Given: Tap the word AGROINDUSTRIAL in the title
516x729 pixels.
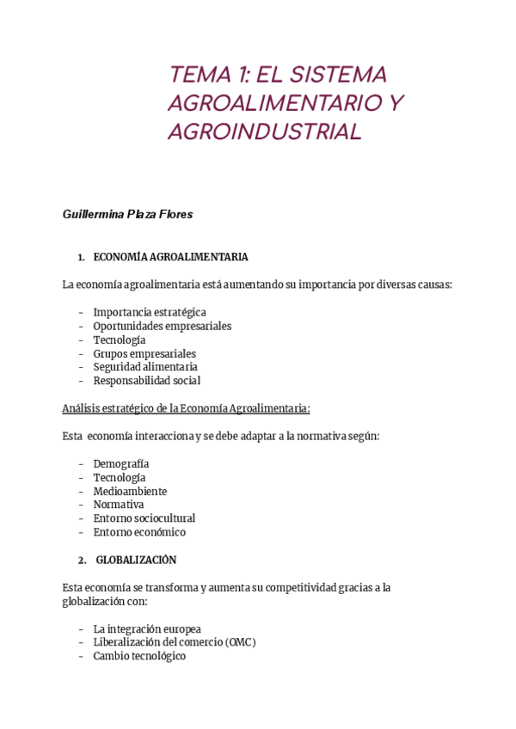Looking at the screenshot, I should coord(265,132).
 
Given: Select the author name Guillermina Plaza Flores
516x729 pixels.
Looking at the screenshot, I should coord(127,214).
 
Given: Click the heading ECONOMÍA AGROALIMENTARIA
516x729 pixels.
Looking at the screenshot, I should coord(170,257).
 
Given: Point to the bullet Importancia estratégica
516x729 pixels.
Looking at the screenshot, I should coord(150,312).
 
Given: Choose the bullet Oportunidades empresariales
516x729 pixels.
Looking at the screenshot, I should coord(163,326).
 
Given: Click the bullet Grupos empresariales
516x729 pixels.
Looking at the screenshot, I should coord(144,353).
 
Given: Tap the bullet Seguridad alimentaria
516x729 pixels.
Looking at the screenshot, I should coord(145,367).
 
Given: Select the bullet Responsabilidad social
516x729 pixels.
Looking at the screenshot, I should coord(147,381).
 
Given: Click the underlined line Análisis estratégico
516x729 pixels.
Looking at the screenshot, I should coord(186,408).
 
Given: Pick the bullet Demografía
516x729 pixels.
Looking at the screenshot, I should coord(121,463).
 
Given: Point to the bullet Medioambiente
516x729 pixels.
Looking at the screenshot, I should coord(130,491).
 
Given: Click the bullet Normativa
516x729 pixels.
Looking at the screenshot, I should coord(119,505).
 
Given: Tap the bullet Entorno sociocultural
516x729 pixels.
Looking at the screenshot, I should coord(144,518).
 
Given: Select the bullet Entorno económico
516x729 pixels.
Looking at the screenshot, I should coord(139,532).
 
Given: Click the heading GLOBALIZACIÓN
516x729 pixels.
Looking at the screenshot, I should coord(136,560).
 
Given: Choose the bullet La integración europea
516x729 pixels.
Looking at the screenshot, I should coord(147,628).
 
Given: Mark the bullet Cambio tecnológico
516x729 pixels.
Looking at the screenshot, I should coord(139,656).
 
